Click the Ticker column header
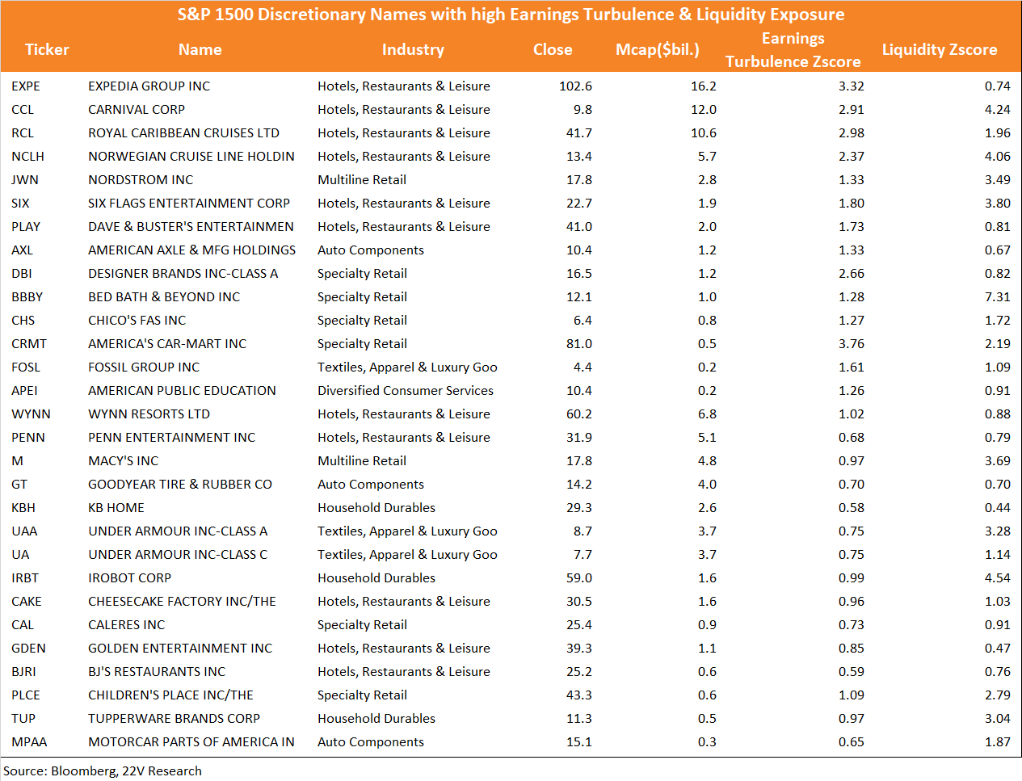47,49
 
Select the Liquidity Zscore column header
939,49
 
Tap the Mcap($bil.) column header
657,49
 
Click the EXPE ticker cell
26,86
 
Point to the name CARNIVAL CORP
137,109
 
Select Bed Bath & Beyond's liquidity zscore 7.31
997,297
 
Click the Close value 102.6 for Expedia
575,86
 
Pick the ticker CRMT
29,343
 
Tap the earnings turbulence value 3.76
851,343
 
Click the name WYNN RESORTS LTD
149,414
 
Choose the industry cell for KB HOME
376,507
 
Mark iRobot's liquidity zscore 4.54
997,577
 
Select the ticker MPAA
29,741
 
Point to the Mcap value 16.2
704,86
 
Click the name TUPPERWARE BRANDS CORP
175,718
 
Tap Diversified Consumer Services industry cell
405,391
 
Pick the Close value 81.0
579,343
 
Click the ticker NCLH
27,157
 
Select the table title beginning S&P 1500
511,15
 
